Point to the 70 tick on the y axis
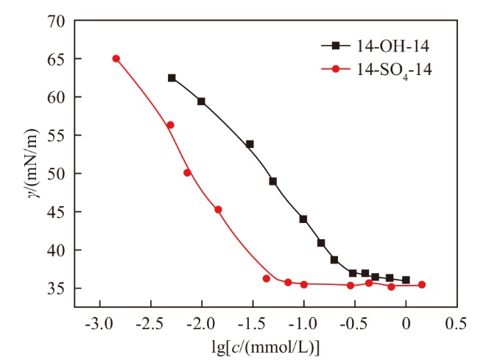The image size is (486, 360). (59, 21)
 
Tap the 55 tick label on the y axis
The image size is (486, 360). (59, 135)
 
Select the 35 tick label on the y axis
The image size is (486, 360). (59, 288)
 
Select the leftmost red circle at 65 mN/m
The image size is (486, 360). (116, 59)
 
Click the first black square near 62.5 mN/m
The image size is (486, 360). (172, 78)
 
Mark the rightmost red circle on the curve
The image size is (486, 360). (422, 285)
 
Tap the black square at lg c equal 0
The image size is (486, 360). (406, 280)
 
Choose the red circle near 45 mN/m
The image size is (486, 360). (218, 210)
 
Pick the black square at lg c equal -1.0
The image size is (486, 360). (303, 219)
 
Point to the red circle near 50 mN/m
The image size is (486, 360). (187, 173)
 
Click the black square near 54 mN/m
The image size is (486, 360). (250, 144)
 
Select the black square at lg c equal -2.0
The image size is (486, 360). (201, 102)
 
